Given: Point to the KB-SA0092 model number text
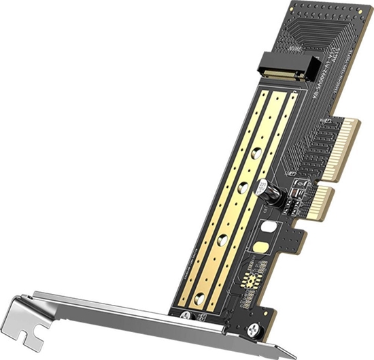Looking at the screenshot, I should click(333, 81).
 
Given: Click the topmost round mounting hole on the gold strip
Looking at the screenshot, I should click(259, 152).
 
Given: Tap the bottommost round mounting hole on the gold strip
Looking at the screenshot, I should click(199, 299).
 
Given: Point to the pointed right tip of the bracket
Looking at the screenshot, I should click(293, 354).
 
